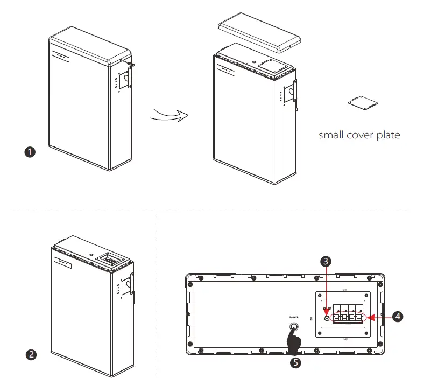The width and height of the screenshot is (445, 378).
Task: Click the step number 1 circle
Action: pos(31,152)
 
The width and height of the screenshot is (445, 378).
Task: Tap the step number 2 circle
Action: pos(32,354)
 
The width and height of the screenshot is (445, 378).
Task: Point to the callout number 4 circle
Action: pos(397,317)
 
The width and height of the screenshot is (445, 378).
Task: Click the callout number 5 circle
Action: pos(295,362)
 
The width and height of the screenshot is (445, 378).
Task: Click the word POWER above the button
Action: pos(294,317)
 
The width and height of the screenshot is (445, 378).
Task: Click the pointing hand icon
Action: pos(294,339)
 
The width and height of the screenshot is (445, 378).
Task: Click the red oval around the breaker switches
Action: pos(348,317)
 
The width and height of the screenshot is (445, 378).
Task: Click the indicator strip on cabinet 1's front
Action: pos(59,55)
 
